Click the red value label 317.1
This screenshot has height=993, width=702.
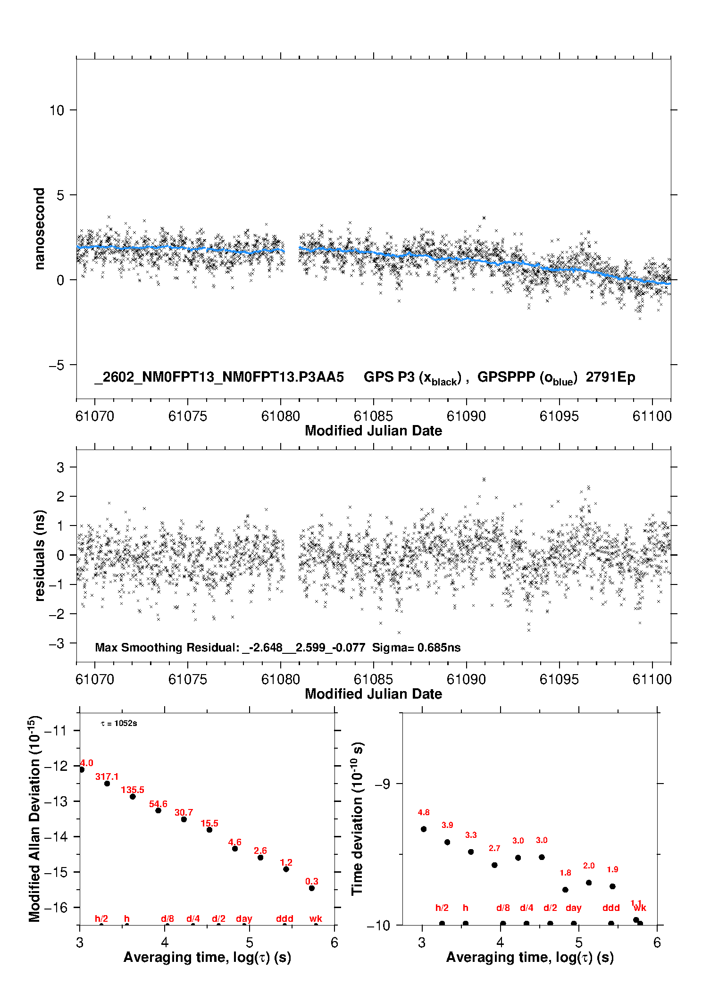107,776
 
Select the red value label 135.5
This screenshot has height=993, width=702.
133,790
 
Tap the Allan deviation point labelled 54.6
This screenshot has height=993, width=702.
159,810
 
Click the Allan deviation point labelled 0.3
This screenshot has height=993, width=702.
312,888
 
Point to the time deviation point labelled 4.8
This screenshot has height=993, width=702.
424,829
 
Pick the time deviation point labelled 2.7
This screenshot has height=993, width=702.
494,865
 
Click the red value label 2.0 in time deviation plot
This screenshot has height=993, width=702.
589,866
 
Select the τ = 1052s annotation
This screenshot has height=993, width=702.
119,724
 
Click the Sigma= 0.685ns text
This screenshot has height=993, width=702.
416,648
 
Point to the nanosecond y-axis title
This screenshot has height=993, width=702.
40,229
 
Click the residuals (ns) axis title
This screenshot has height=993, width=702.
40,555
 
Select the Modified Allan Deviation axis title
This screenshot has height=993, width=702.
34,818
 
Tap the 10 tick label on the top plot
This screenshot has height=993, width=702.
57,110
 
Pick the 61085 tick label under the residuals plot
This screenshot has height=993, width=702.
373,679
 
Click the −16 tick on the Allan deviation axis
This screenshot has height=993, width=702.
55,907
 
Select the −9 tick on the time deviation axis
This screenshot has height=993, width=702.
383,784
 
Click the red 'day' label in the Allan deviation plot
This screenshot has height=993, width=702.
244,918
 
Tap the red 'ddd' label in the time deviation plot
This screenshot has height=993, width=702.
611,908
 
